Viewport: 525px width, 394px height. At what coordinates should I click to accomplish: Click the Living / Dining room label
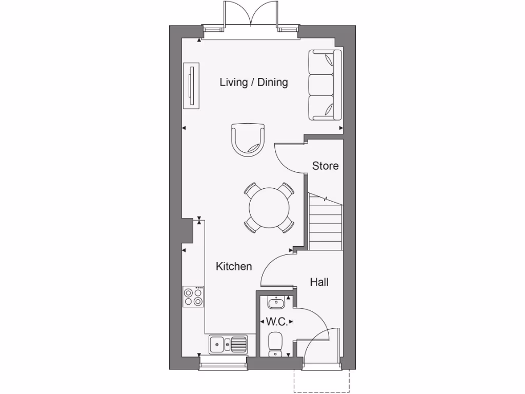[x=254, y=82]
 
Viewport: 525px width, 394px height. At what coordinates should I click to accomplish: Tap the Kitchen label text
[x=234, y=266]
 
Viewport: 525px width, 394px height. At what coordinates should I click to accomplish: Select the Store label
[x=326, y=166]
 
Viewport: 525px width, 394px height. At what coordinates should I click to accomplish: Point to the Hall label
[x=319, y=282]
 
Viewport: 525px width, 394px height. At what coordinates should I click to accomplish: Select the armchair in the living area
[x=249, y=139]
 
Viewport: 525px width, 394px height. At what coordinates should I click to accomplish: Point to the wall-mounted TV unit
[x=192, y=86]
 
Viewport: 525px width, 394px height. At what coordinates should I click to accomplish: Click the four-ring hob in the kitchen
[x=193, y=297]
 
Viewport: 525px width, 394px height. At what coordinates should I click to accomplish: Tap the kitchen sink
[x=228, y=344]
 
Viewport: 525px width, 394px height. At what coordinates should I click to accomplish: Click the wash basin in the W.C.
[x=276, y=303]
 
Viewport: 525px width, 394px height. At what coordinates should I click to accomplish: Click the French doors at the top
[x=251, y=15]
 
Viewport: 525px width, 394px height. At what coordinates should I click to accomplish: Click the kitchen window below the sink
[x=223, y=365]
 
